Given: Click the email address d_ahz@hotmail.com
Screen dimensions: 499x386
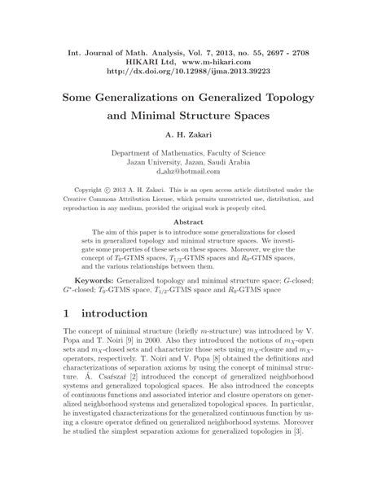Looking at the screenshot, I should coord(193,171).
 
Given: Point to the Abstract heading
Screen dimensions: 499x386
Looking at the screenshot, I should coord(193,221).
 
